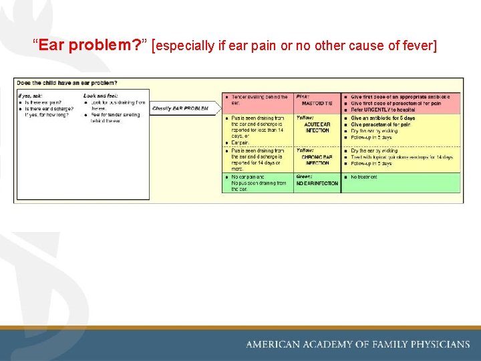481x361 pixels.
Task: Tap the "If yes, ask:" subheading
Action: tap(30, 96)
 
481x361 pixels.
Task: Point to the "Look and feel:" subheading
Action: tap(101, 96)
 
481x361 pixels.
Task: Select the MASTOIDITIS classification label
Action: tap(317, 104)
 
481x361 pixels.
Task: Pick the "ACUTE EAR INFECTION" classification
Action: tap(317, 127)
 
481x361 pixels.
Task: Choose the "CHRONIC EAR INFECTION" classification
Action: tap(317, 159)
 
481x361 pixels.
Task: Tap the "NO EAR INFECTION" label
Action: tap(317, 183)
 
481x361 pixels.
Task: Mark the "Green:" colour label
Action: tap(305, 177)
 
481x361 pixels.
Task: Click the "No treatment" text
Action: tap(364, 177)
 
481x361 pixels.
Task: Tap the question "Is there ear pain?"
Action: tap(44, 102)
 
